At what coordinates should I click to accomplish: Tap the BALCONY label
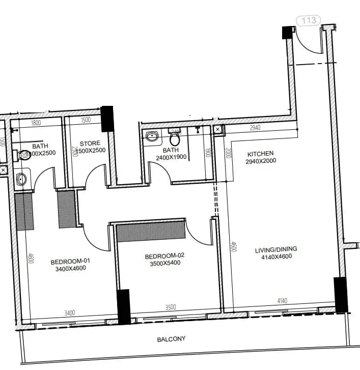pos(171,338)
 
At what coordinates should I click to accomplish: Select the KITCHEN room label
pos(260,153)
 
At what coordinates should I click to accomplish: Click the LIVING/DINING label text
pos(276,249)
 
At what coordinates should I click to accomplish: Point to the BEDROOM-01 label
pos(70,262)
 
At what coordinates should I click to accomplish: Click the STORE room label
pos(90,144)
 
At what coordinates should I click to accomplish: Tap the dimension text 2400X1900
pos(171,158)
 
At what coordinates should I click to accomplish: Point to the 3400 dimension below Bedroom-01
pos(69,312)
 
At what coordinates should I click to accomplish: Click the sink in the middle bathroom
pos(152,136)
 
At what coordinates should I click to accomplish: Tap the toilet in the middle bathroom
pos(175,138)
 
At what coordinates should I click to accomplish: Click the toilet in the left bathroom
pos(24,155)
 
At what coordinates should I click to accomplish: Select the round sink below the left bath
pos(22,179)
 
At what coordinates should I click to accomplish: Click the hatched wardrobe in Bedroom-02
pos(150,232)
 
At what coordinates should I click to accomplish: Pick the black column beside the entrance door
pos(288,32)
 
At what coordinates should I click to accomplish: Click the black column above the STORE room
pos(107,119)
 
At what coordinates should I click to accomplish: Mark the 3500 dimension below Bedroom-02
pos(171,307)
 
